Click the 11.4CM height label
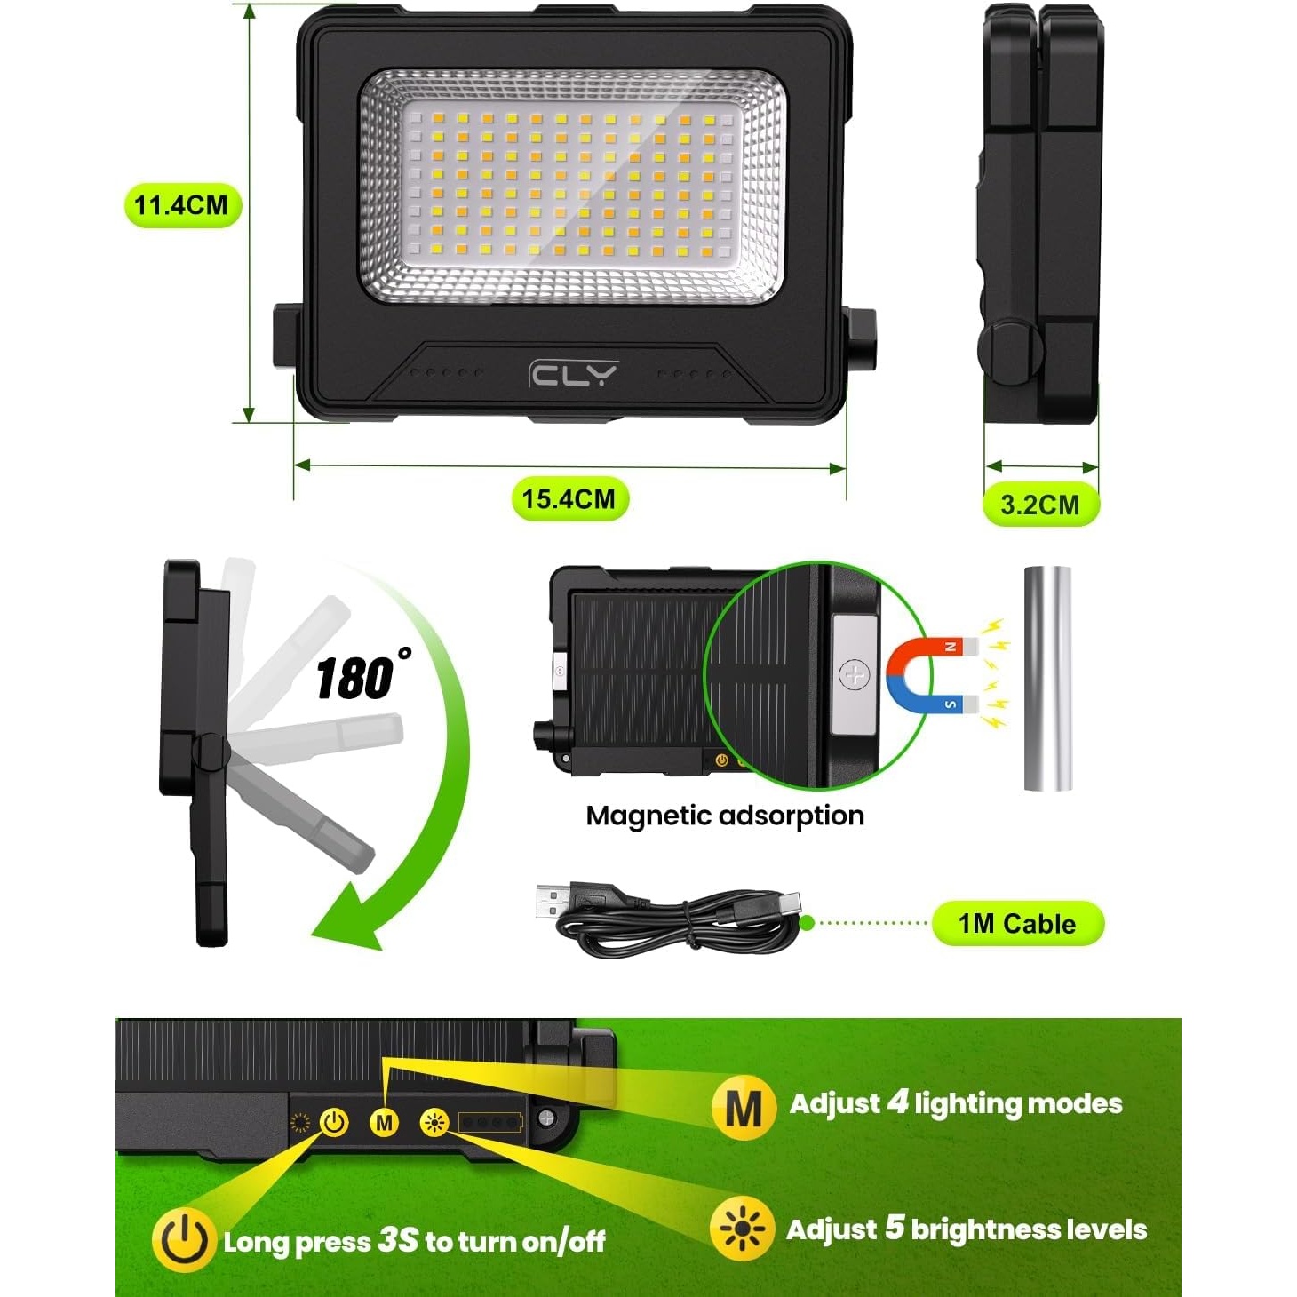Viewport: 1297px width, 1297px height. point(182,205)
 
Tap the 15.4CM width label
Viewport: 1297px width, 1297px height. point(569,499)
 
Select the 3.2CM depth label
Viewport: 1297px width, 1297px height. point(1040,504)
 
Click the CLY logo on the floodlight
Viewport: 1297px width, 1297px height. point(573,374)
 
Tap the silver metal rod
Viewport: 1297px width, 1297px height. point(1047,679)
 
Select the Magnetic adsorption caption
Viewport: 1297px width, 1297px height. point(725,816)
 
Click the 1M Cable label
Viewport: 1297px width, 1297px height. point(1017,924)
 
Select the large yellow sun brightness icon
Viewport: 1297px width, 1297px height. point(742,1229)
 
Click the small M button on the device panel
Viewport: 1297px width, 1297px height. point(385,1122)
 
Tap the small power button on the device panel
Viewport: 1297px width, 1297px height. point(335,1122)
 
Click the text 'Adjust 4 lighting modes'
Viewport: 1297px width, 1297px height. point(956,1104)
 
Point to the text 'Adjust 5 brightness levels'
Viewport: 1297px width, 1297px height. point(967,1229)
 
